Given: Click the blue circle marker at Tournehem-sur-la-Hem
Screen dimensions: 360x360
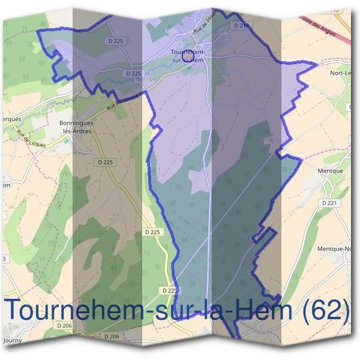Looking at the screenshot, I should coord(187,55).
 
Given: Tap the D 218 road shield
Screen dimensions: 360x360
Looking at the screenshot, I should coord(242,26).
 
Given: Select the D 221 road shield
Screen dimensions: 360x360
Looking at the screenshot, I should coord(329,203).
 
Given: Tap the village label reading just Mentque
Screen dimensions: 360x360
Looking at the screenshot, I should coord(329,170).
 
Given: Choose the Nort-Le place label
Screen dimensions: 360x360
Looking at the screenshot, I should coord(340,73).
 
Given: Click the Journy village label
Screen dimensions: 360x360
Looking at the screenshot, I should coord(13,340).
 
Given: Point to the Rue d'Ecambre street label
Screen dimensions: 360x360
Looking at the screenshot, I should coord(123,100).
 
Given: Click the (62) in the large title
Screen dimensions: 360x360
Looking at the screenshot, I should coord(325,310).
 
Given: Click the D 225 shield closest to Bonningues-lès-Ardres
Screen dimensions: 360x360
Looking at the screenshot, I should coord(105,162).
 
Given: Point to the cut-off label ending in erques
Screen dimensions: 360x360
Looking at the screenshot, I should coord(10,119).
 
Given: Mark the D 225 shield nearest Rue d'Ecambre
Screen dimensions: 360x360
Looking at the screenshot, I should coord(134,73).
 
